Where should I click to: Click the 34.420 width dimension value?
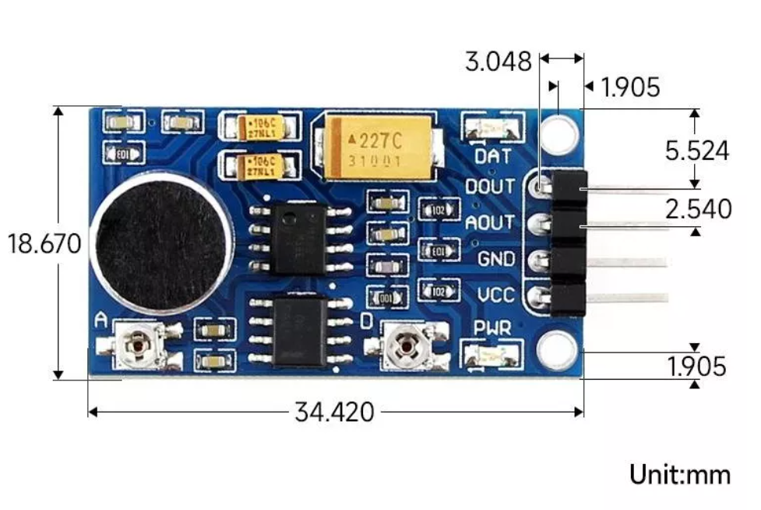(x=334, y=412)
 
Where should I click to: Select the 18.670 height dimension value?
(x=44, y=243)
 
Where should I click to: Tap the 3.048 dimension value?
(x=499, y=62)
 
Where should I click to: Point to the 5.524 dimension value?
(x=697, y=151)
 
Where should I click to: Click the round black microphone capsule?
(x=160, y=240)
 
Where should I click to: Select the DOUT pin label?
(x=490, y=187)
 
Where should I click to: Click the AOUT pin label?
(x=490, y=223)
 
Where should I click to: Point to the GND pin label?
(x=496, y=259)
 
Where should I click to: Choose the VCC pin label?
(x=496, y=296)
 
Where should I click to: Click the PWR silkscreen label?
(x=493, y=328)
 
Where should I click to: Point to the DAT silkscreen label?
(x=493, y=156)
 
